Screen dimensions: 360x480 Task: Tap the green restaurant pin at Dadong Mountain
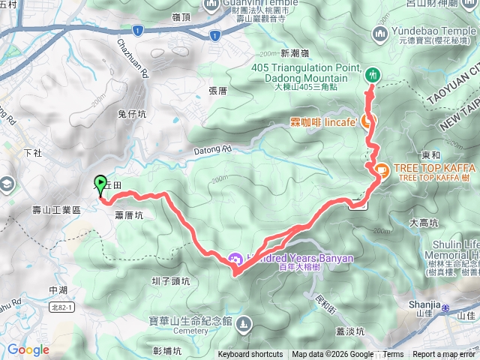coord(373,75)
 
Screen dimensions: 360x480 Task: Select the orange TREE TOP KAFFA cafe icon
coord(381,170)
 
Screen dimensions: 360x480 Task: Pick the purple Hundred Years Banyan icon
coord(234,259)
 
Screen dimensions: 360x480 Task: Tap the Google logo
coord(28,349)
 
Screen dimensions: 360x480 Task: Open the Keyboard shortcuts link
coord(250,355)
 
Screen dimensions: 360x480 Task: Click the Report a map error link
coord(445,355)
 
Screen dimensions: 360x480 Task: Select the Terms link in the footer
coord(393,355)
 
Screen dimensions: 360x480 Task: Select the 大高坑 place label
coord(424,223)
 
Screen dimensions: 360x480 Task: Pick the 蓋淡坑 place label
coord(349,331)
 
